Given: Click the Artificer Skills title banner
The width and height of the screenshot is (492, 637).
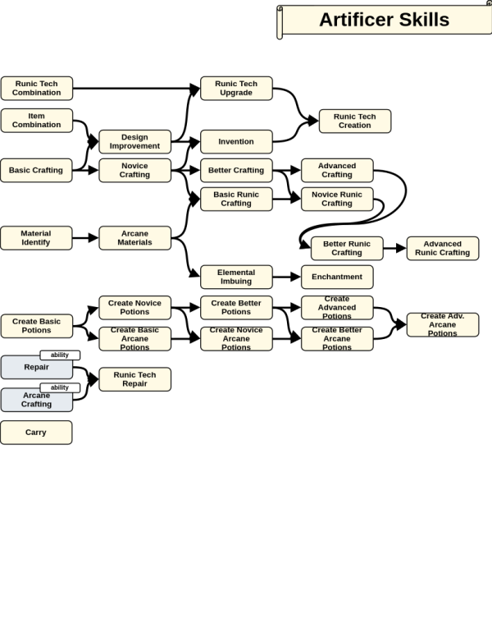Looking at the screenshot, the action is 384,21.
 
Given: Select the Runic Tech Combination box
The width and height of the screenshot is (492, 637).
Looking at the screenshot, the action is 37,88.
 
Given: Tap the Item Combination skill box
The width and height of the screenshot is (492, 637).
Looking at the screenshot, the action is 37,120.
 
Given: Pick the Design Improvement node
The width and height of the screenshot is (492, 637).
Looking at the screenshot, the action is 134,142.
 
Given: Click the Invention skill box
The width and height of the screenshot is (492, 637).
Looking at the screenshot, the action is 236,142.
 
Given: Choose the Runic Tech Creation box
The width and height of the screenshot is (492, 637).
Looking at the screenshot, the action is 355,121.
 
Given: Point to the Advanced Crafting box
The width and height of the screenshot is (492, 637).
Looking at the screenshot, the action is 337,170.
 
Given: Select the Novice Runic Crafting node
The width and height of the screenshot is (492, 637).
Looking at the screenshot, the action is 337,199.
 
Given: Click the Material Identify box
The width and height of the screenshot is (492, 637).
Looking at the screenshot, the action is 36,238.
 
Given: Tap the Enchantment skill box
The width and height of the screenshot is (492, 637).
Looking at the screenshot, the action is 337,277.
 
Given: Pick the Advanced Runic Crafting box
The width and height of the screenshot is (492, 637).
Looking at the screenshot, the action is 443,248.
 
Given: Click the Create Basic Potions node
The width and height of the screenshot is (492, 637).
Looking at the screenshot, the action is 37,326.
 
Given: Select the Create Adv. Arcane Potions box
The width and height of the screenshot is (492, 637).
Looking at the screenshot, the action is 443,324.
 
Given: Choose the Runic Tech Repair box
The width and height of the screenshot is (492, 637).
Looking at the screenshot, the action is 134,379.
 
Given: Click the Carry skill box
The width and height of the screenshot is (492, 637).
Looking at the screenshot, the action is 36,433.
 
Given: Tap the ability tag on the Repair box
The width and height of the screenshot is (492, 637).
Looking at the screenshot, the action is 60,355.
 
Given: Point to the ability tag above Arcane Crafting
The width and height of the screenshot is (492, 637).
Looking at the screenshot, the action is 60,387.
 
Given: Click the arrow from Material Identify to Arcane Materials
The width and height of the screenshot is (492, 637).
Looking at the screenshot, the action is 85,238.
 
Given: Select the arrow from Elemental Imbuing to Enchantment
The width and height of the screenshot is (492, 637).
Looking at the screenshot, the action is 287,277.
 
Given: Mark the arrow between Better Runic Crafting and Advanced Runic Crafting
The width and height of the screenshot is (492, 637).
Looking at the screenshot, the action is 395,248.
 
